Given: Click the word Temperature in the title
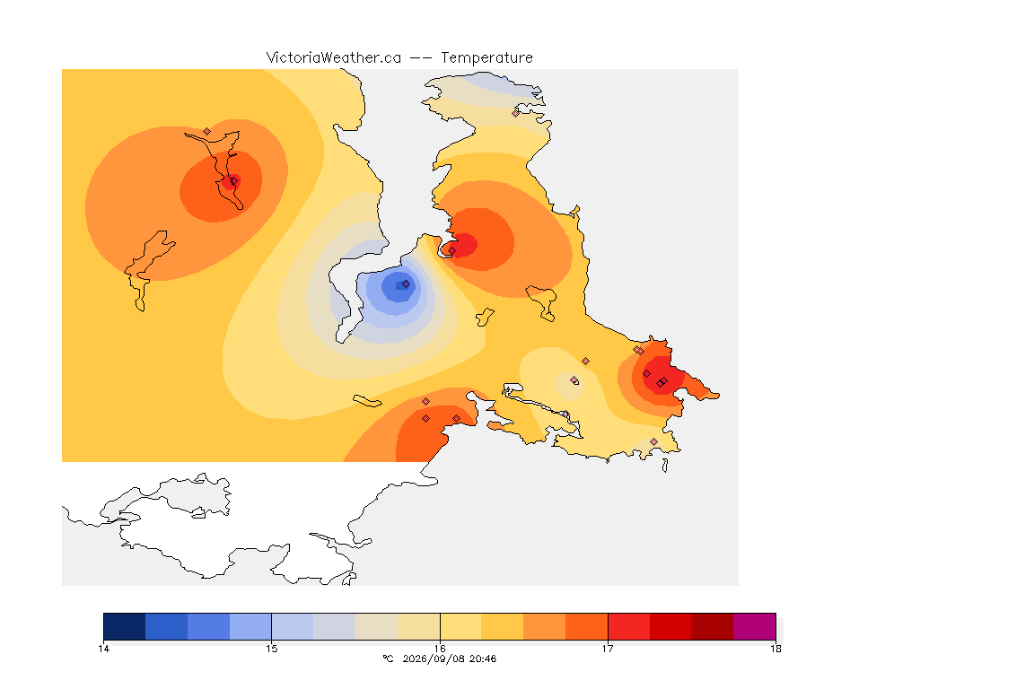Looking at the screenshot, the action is point(486,58).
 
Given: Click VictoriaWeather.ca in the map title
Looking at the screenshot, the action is point(334,58).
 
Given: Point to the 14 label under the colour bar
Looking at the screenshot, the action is point(103,649).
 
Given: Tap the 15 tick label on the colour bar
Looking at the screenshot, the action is point(272,649).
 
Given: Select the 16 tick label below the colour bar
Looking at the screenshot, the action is point(440,649).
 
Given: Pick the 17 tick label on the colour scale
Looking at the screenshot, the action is point(608,649).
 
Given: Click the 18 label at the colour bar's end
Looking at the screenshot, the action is point(775,649).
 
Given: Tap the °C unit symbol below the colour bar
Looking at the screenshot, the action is point(388,658).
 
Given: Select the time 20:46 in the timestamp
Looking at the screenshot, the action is point(482,658).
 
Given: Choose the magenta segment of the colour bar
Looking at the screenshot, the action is point(754,626).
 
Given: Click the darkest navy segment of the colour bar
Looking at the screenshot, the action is point(125,626).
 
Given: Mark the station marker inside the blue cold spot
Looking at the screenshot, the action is point(407,284).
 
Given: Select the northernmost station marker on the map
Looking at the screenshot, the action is point(516,113).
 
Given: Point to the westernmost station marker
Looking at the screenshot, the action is point(207,132).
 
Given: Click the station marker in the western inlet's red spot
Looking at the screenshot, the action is point(233,181).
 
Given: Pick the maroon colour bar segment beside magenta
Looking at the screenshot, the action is point(712,626).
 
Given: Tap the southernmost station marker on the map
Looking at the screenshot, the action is point(653,441).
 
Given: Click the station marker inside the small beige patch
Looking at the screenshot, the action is point(574,380).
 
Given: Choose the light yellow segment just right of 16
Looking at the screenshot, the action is point(460,626).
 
